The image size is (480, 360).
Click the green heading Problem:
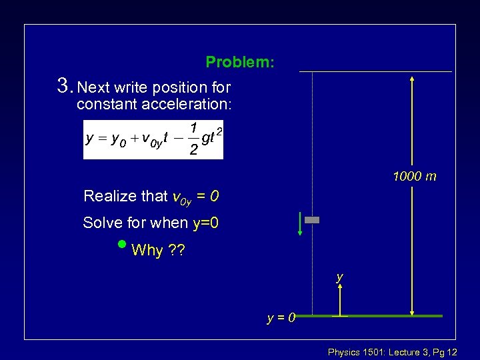(239, 63)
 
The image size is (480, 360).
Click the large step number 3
(64, 86)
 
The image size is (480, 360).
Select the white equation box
(153, 140)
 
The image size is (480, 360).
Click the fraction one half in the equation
(193, 139)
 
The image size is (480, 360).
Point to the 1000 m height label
(415, 177)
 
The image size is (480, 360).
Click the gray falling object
(312, 219)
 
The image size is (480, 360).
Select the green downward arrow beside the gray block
(301, 224)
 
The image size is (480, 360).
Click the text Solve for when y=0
(151, 223)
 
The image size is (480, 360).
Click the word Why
(147, 251)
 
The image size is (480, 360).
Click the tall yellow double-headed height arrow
(413, 193)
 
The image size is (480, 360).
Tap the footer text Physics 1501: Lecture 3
(380, 351)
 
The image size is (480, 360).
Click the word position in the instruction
(179, 88)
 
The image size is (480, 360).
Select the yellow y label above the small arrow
(340, 276)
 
